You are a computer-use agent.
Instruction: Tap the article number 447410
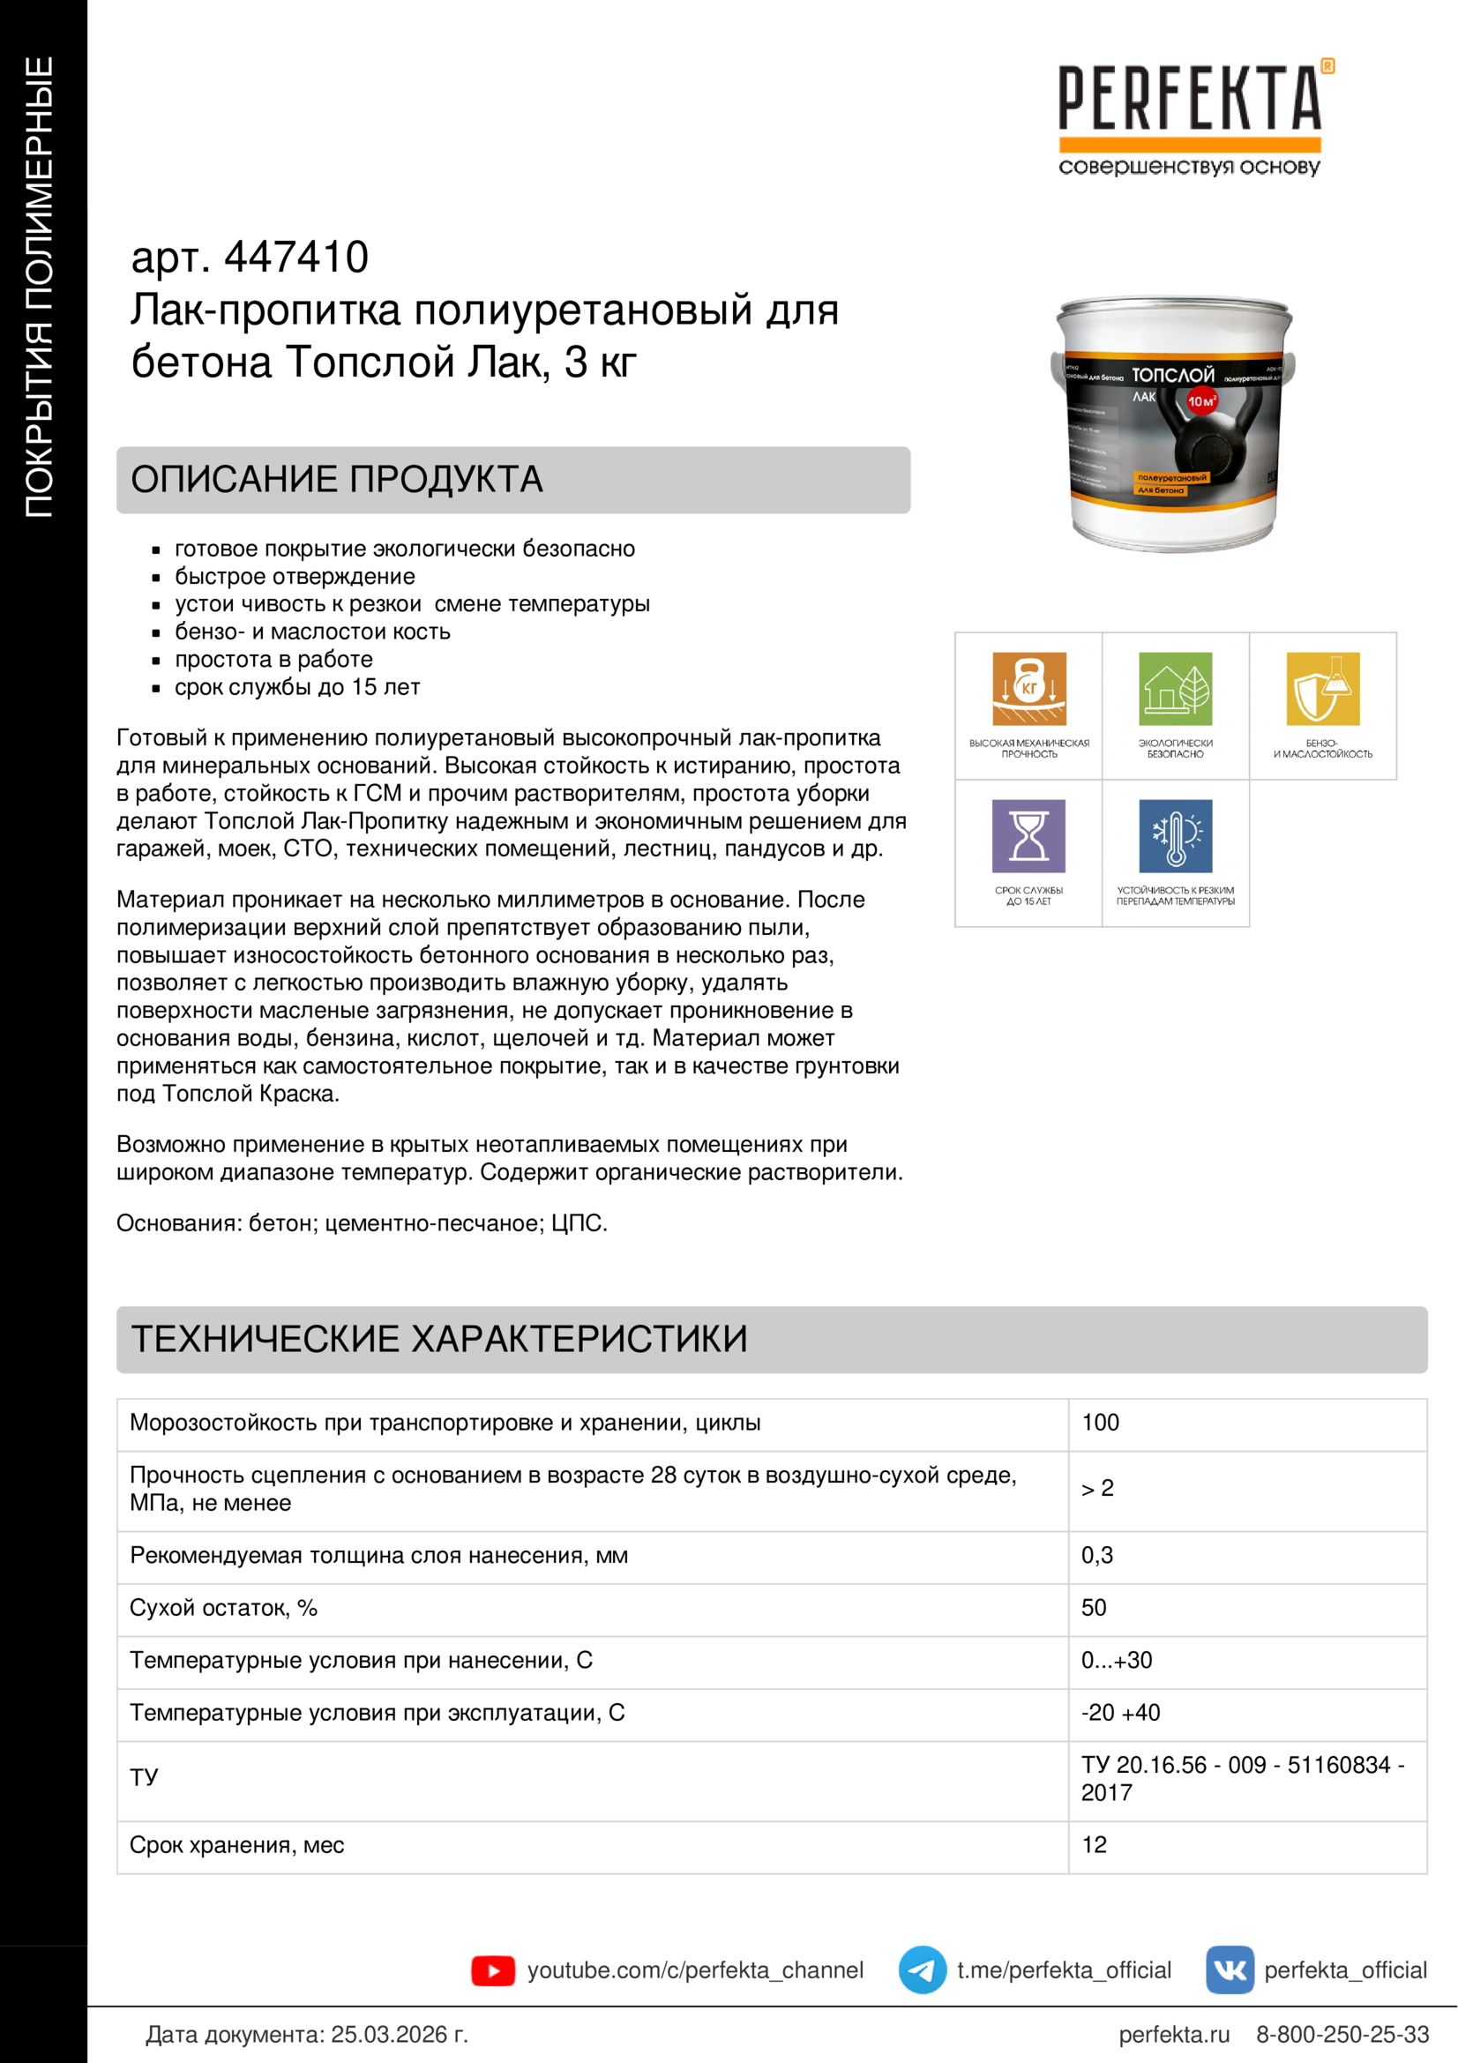[295, 257]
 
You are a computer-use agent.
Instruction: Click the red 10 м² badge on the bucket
[1201, 400]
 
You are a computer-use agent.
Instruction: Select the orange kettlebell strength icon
[1028, 688]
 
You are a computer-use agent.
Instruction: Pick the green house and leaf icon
[1175, 688]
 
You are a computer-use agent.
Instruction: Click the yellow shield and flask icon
[1322, 688]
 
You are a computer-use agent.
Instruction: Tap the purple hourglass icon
[1028, 835]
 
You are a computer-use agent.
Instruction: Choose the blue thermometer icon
[1175, 835]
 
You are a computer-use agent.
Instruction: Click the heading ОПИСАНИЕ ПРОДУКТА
[337, 480]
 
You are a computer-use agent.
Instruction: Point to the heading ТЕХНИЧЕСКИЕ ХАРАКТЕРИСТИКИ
[439, 1339]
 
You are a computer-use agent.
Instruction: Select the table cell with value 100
[1101, 1423]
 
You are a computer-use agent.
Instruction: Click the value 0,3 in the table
[1097, 1555]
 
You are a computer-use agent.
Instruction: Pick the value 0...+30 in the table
[1117, 1660]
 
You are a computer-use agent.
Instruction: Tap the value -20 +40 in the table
[1120, 1713]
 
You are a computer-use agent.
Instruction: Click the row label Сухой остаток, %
[224, 1608]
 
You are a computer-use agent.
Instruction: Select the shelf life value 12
[1095, 1844]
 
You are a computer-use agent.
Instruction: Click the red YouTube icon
[493, 1970]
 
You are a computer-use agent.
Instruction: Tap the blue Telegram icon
[923, 1970]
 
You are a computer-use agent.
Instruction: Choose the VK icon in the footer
[1230, 1970]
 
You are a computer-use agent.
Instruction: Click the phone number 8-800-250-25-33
[1342, 2034]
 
